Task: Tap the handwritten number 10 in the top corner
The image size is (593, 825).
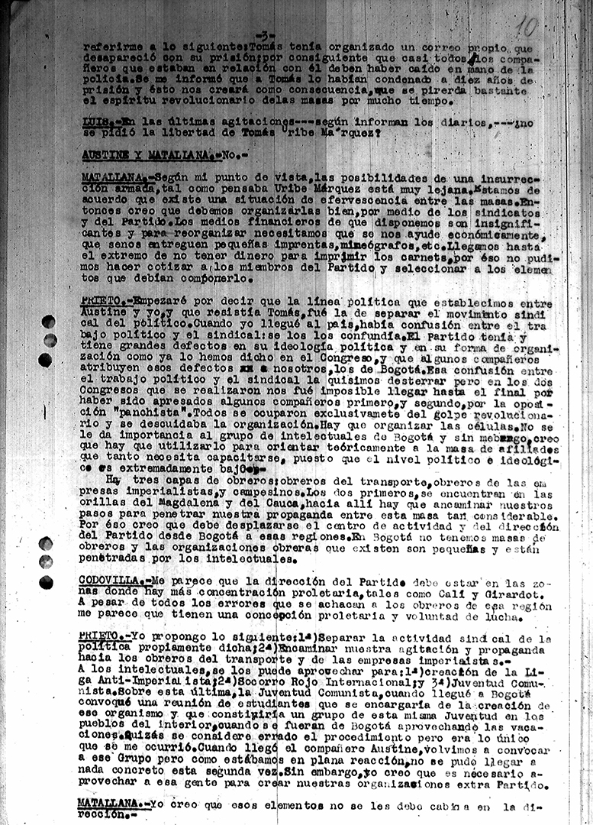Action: click(x=527, y=28)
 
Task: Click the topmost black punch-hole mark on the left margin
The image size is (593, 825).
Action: click(x=48, y=322)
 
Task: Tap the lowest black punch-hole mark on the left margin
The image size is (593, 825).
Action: click(x=46, y=582)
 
